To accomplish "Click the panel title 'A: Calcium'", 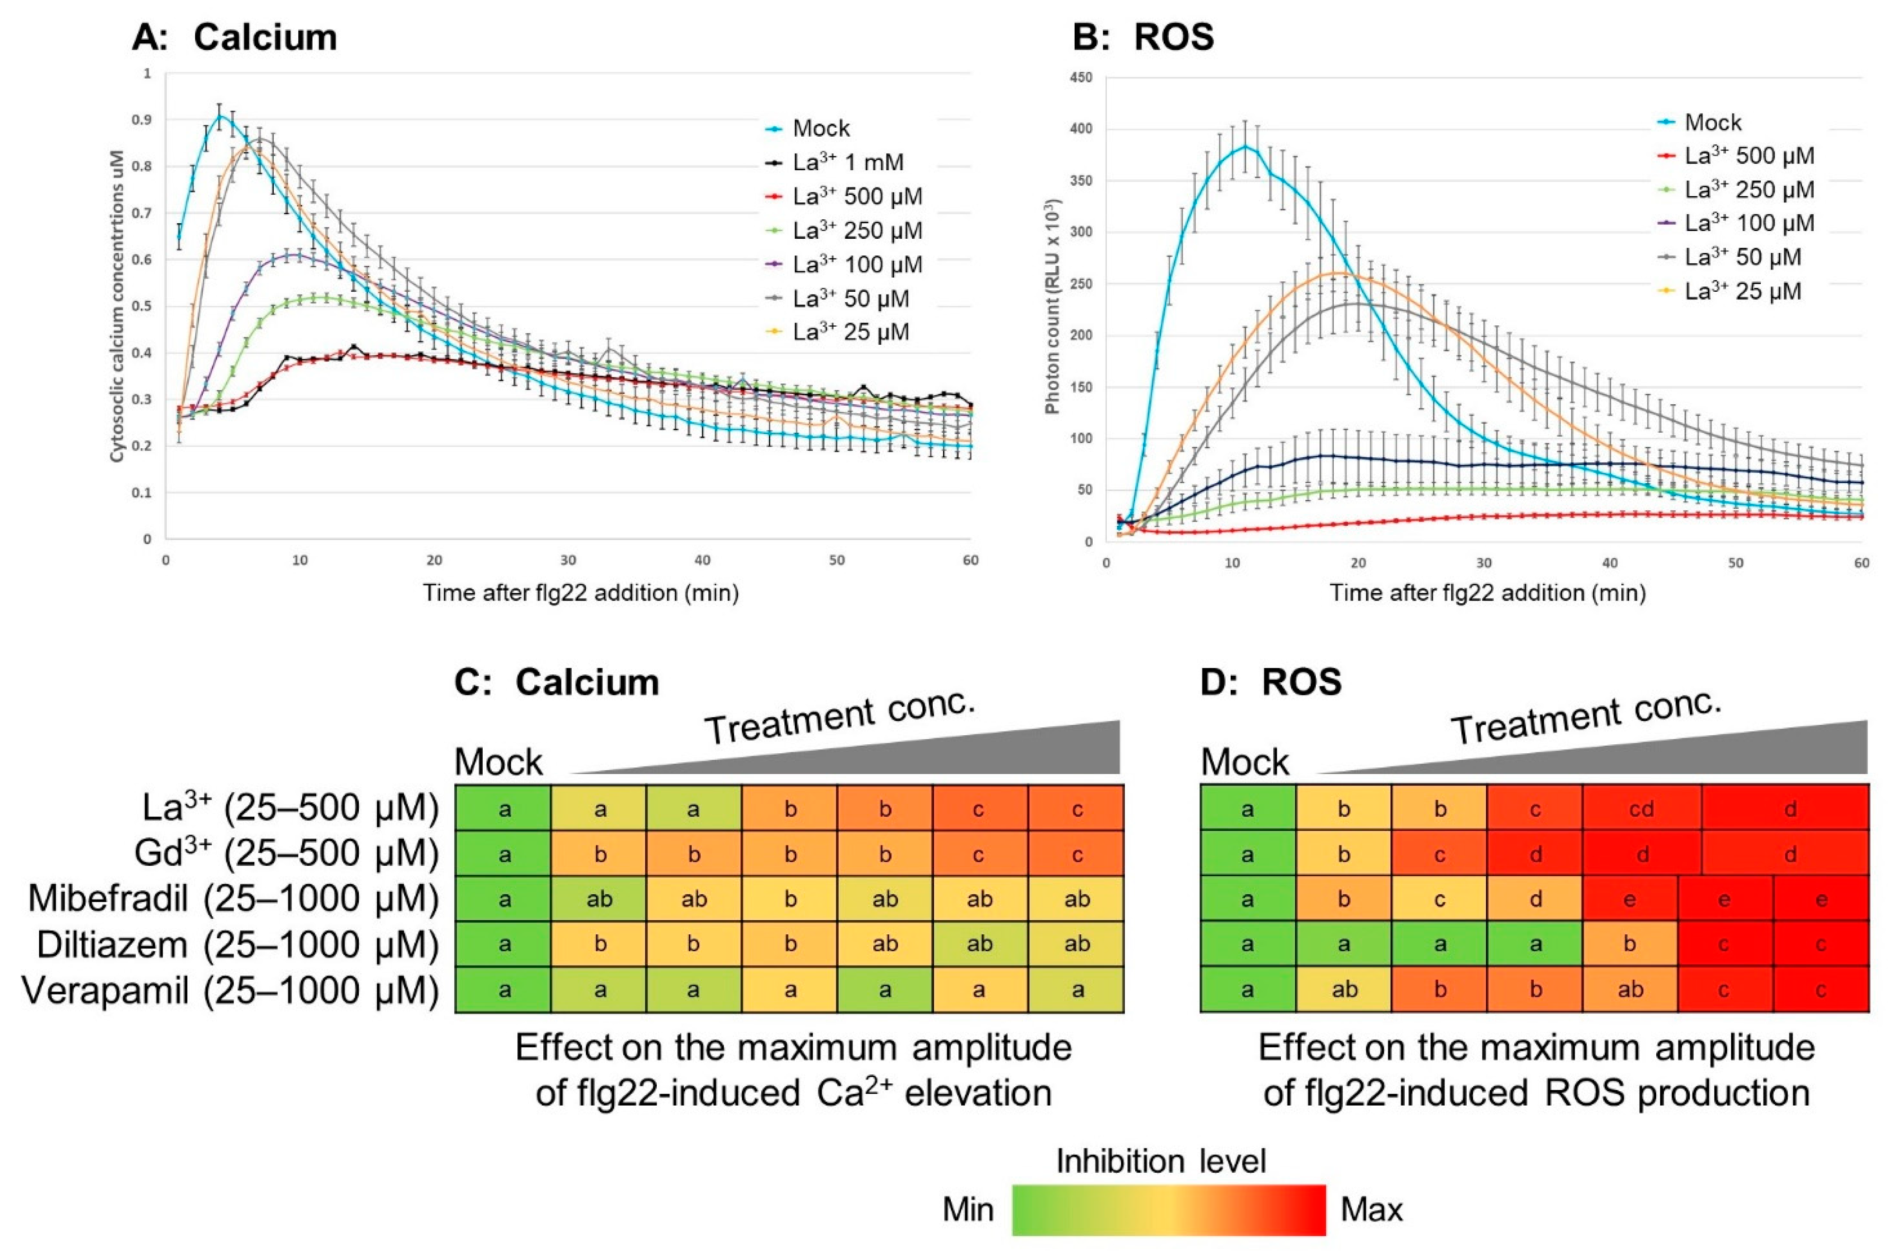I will pyautogui.click(x=235, y=37).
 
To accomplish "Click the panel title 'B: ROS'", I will pyautogui.click(x=1143, y=37).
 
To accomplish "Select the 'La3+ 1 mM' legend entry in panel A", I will pyautogui.click(x=848, y=162).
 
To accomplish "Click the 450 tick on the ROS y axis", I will pyautogui.click(x=1081, y=78).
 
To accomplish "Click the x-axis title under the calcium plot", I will pyautogui.click(x=581, y=592).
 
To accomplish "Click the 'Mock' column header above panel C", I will pyautogui.click(x=498, y=762).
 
